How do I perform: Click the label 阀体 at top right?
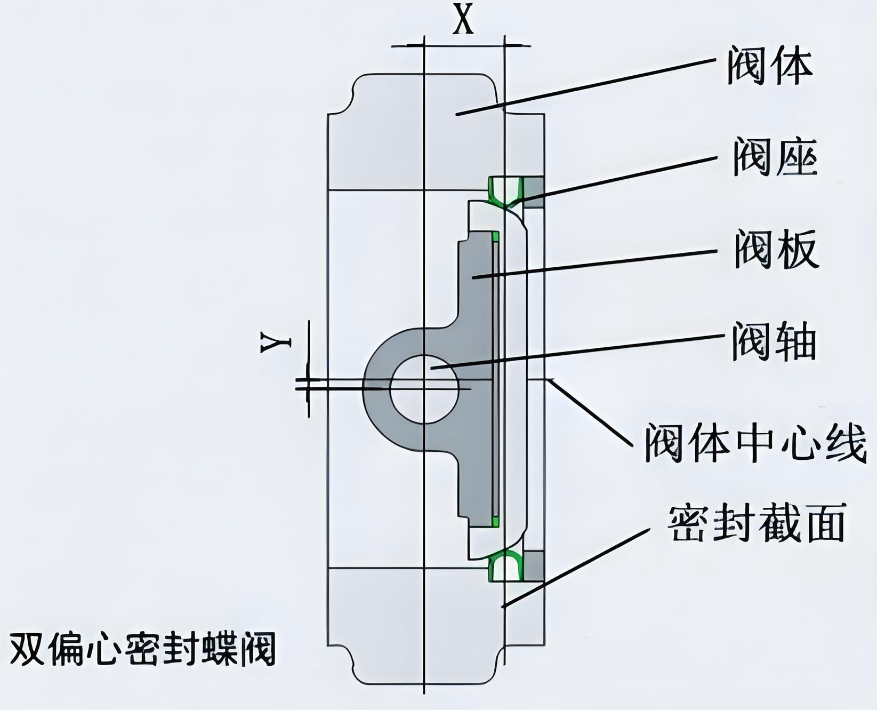[769, 67]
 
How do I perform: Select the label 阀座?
[775, 157]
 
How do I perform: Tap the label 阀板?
[776, 249]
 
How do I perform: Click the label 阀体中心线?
[754, 442]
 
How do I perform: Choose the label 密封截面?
[757, 522]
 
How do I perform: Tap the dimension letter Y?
[276, 342]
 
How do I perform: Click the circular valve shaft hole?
[424, 389]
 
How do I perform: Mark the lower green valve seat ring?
[504, 565]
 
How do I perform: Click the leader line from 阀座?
[618, 179]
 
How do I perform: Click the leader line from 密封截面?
[576, 568]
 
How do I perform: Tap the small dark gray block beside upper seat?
[534, 192]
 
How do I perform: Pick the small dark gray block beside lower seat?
[534, 565]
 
